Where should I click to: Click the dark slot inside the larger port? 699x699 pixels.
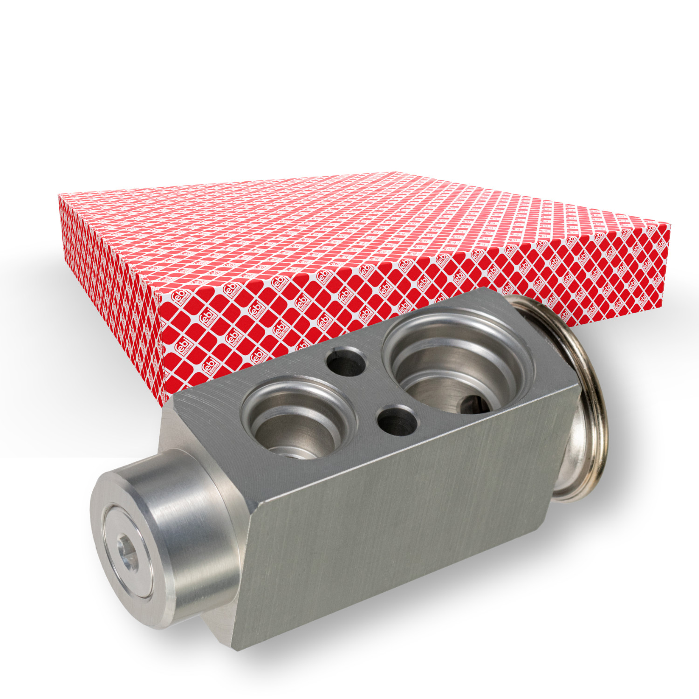[x=475, y=404]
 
